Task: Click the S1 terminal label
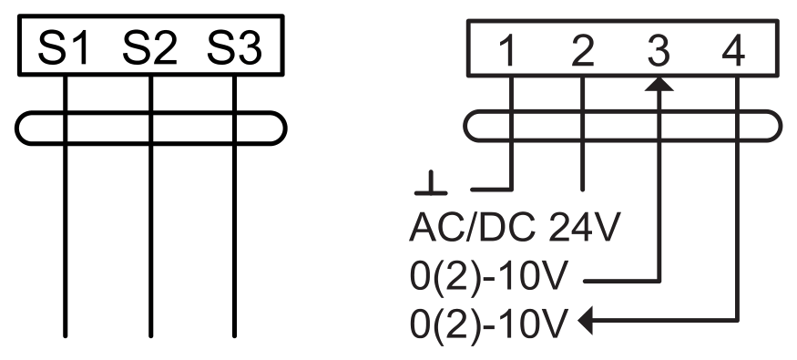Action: pos(64,48)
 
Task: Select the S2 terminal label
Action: pos(150,48)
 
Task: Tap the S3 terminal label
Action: pos(234,48)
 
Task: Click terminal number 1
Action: pos(507,52)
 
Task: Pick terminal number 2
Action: pos(583,52)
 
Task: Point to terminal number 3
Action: pos(659,52)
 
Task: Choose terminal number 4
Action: pos(733,52)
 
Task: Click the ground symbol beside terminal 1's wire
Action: pos(431,183)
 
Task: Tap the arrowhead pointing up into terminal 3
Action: pos(659,84)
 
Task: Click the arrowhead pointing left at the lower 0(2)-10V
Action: pos(586,321)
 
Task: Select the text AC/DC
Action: pos(472,227)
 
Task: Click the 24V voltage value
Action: pos(585,227)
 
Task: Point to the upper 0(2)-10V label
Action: pos(488,277)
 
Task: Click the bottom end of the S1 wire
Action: pos(65,335)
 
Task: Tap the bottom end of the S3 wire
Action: pos(234,335)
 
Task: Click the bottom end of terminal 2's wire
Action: pos(583,190)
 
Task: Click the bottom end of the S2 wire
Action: pos(150,335)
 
